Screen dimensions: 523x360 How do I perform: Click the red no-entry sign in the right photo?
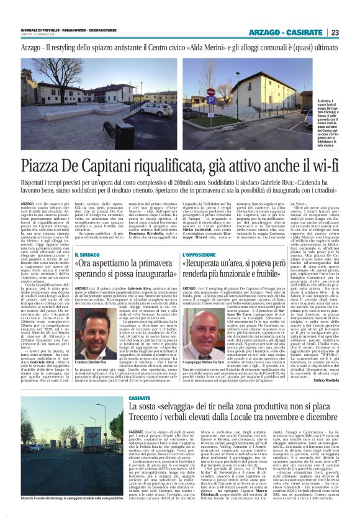(x=210, y=93)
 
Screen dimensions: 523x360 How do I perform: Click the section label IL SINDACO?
(x=87, y=255)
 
